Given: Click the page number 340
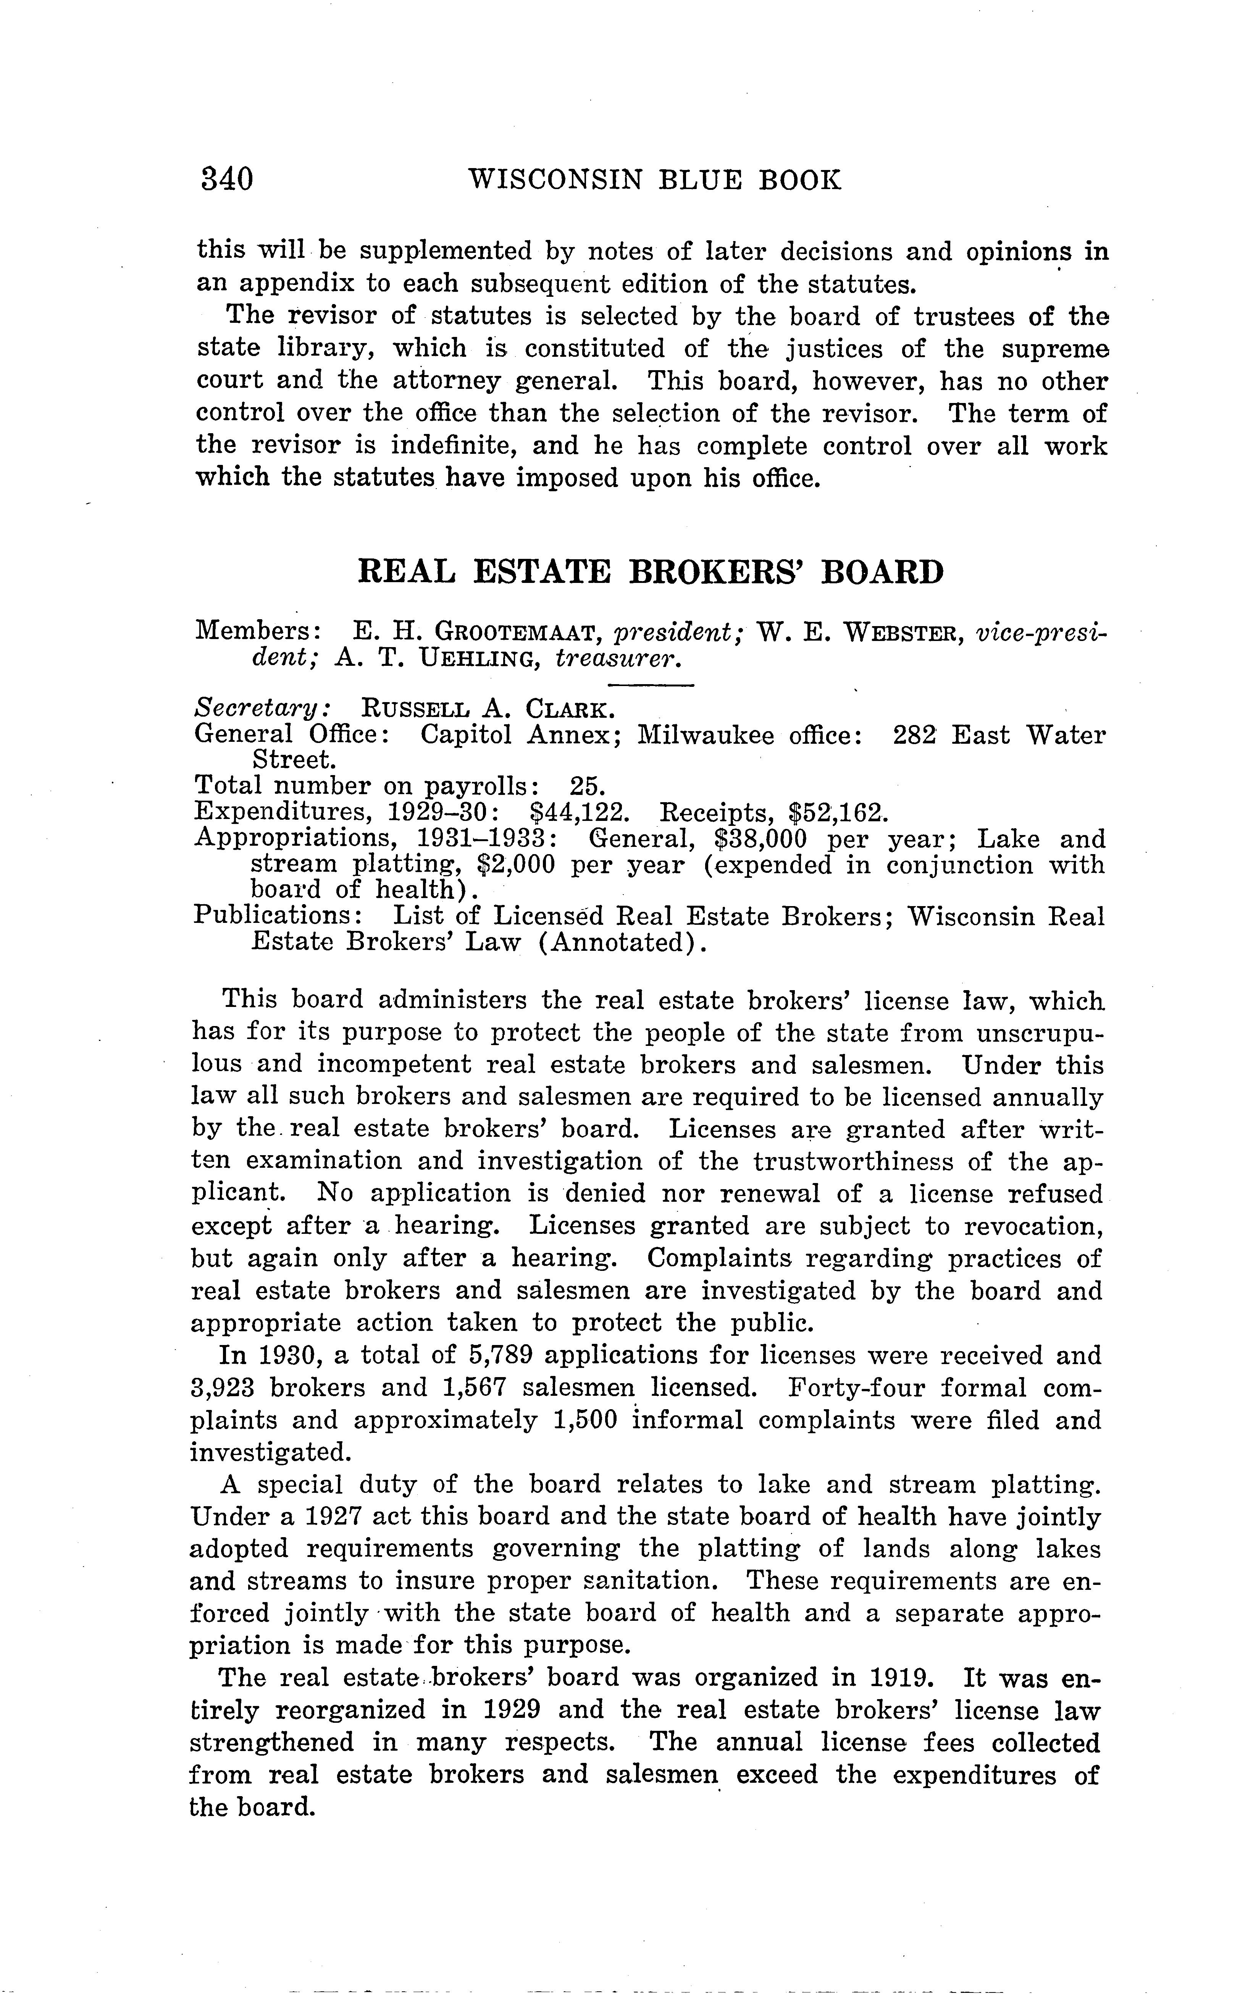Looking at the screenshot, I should [227, 179].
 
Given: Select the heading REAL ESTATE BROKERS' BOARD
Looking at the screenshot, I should [651, 572].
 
